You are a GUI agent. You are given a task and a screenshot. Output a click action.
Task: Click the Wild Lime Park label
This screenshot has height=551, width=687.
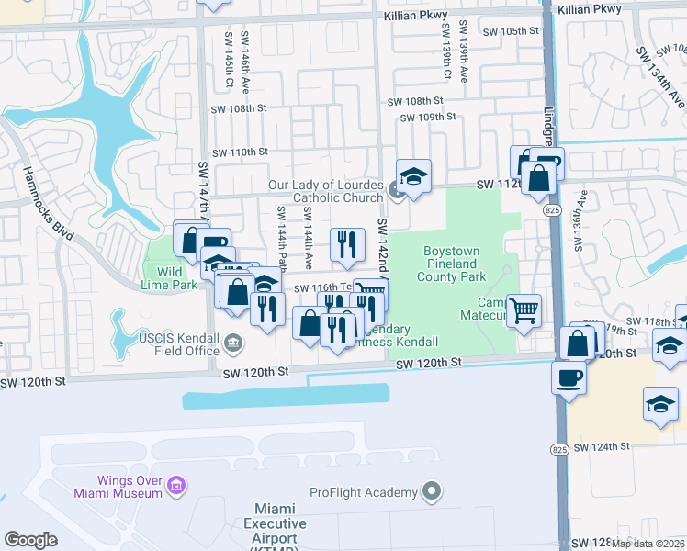point(171,278)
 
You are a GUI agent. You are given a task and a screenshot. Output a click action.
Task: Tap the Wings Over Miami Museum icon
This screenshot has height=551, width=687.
point(177,484)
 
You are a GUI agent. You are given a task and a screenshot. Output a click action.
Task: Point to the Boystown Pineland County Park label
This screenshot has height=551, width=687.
point(453,264)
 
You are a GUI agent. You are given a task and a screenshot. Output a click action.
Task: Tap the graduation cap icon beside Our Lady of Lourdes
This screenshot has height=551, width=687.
point(413,176)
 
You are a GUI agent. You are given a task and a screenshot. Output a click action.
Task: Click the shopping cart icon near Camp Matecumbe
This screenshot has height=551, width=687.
point(524,310)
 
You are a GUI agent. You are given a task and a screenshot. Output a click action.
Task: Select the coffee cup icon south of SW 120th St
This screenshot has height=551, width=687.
point(569,377)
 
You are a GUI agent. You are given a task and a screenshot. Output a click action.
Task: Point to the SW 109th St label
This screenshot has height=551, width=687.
point(428,118)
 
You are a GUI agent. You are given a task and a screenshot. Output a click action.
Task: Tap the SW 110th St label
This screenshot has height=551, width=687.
point(239,152)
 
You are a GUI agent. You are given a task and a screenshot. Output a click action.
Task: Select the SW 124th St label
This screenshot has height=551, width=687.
point(601,446)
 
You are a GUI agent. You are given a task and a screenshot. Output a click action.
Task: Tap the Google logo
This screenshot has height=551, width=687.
point(30,539)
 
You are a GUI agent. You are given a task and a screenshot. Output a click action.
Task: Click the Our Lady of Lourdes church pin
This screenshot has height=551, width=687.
point(396,191)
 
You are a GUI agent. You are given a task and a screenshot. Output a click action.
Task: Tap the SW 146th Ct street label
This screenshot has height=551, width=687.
point(223,57)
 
